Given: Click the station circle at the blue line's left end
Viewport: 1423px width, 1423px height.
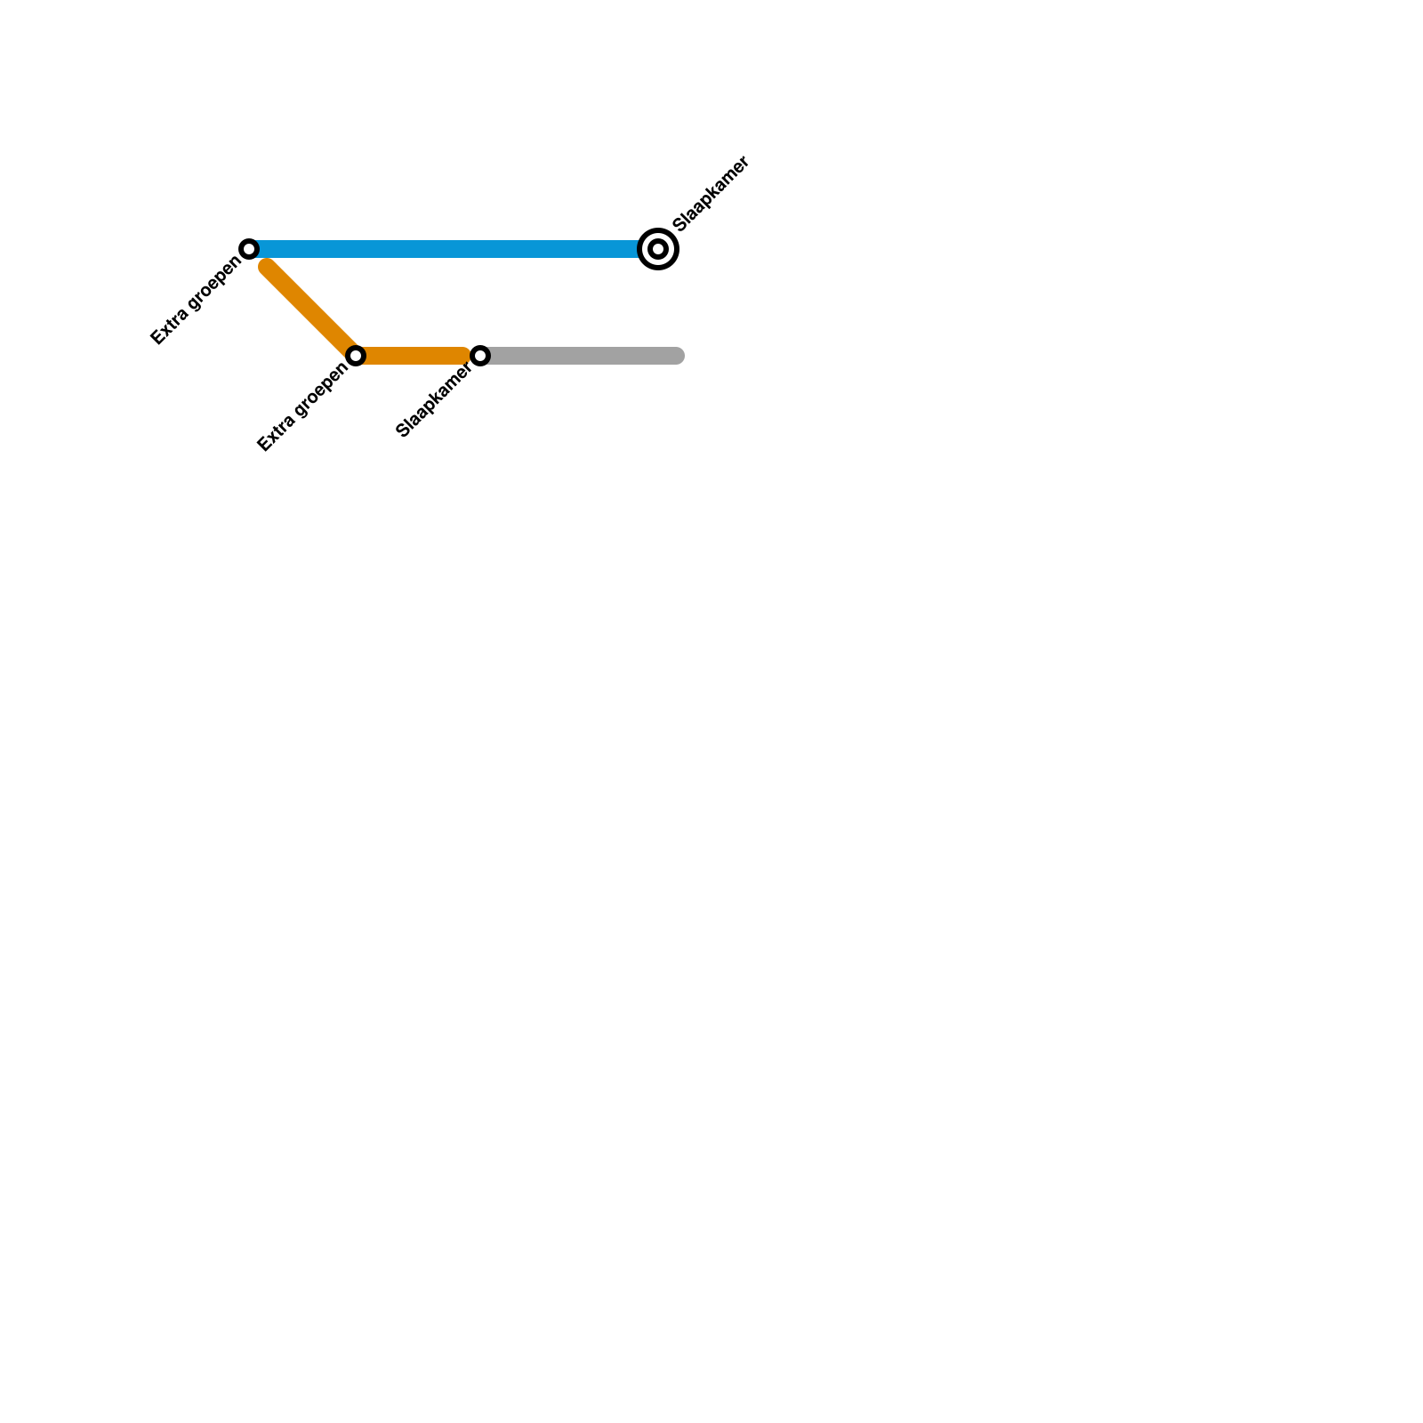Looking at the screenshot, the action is click(x=250, y=248).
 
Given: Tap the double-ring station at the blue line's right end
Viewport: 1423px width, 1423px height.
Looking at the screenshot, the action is click(x=658, y=249).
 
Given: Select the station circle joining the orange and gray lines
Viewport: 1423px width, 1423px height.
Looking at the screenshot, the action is click(x=480, y=356).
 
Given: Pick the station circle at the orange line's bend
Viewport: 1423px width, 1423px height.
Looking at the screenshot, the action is click(x=356, y=356).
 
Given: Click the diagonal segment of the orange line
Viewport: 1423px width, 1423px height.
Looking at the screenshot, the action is click(x=311, y=310).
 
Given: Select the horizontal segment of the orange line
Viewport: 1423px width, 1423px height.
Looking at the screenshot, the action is click(x=414, y=356).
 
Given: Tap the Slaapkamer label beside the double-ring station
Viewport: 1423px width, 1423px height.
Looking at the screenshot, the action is click(x=712, y=194).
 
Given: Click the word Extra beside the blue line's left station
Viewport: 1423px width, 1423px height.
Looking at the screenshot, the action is click(x=169, y=327).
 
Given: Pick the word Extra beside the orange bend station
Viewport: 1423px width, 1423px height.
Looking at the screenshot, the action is click(x=275, y=435).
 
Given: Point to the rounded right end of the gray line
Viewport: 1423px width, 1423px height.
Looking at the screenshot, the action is click(x=678, y=356).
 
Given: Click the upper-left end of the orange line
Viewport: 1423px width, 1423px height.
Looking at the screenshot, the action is click(x=267, y=266).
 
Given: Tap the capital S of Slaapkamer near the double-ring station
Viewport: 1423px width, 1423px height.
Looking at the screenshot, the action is click(x=680, y=225).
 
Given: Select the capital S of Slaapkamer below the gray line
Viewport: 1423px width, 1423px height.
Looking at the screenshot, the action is click(x=402, y=433).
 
